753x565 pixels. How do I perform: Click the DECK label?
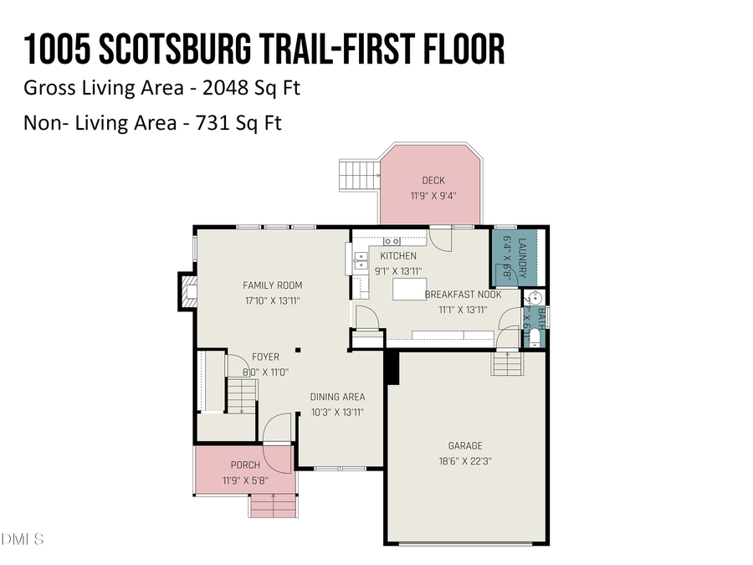433,181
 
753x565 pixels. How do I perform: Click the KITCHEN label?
398,256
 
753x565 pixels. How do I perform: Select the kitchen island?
407,289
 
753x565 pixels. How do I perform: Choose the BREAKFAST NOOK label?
463,295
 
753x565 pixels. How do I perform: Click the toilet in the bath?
535,338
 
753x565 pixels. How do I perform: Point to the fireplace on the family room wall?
187,290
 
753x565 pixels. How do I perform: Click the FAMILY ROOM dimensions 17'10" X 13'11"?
272,300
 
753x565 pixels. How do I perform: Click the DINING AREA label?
337,397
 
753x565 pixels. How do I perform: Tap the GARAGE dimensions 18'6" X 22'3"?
464,460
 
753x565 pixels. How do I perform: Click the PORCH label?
245,465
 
